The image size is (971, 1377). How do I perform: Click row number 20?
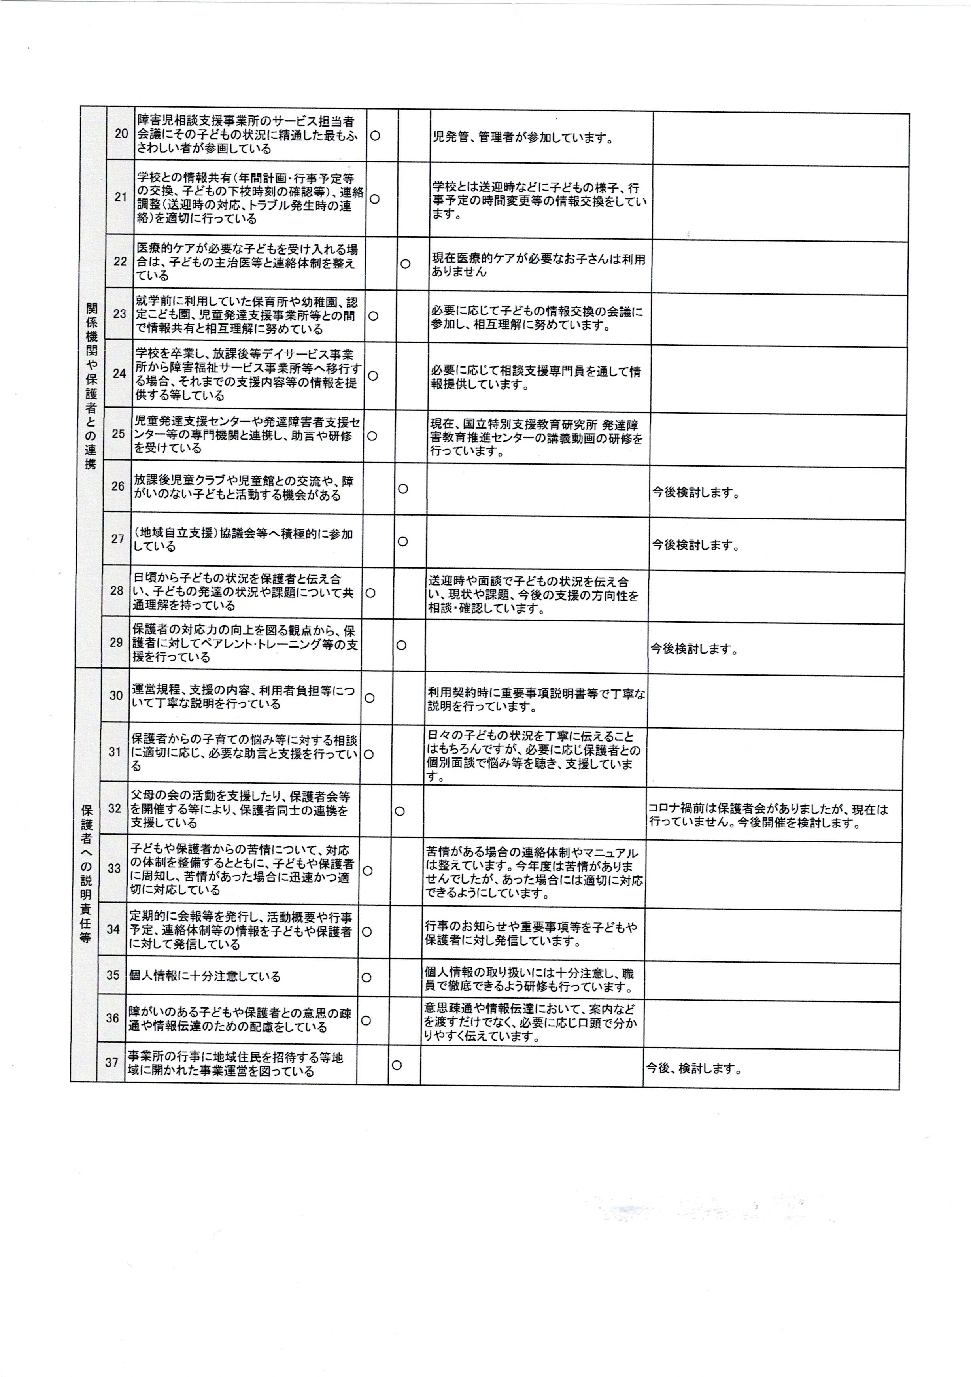(121, 134)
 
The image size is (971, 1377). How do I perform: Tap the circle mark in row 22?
(405, 263)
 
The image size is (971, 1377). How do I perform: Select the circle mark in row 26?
(403, 489)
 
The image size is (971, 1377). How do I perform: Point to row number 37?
(111, 1063)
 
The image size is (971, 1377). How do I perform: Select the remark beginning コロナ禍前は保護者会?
(768, 816)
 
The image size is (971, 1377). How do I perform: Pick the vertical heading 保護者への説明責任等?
(86, 873)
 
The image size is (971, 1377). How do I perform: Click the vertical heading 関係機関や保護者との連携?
(91, 385)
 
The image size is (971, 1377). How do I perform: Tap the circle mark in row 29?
(401, 645)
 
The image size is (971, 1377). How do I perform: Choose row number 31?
(115, 752)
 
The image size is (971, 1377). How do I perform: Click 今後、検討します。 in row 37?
(693, 1068)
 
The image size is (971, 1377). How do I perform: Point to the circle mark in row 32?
(399, 811)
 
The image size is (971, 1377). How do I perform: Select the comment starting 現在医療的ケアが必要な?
(538, 265)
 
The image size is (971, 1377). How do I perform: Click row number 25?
(118, 434)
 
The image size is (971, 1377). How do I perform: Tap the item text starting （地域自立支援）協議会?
(243, 540)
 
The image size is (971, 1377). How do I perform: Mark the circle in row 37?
(397, 1065)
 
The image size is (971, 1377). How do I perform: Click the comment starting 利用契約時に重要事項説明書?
(536, 700)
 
